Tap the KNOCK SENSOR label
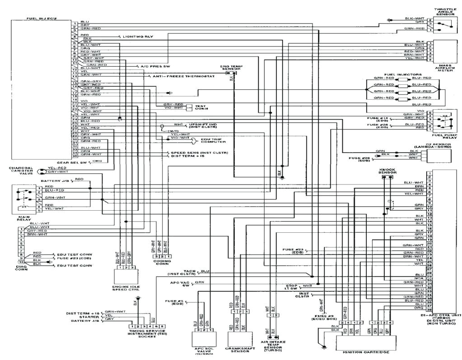387,171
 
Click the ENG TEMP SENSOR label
232,68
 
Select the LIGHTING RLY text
136,36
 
